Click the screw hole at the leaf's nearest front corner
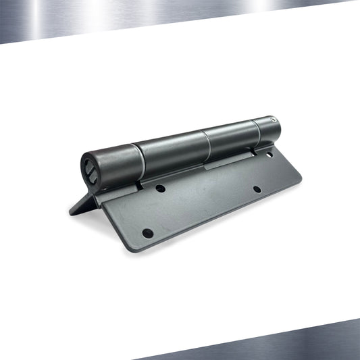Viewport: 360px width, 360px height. tap(147, 233)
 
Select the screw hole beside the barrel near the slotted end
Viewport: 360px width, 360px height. tap(160, 188)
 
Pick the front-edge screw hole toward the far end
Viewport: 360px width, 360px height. tap(257, 189)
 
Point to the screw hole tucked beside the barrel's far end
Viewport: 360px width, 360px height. tap(269, 155)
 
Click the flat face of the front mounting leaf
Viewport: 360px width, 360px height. tap(203, 203)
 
